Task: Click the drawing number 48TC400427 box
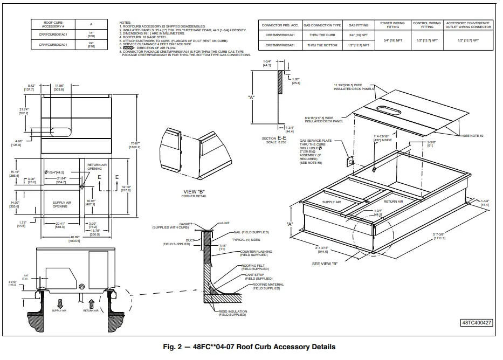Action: coord(477,323)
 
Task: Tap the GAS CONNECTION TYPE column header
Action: coord(322,25)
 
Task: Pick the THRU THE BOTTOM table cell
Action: coord(322,45)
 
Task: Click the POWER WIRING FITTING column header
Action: coord(393,25)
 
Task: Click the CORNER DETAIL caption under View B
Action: coord(194,196)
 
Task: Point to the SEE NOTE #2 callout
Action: coord(473,135)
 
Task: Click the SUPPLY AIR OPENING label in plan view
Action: coord(60,204)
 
